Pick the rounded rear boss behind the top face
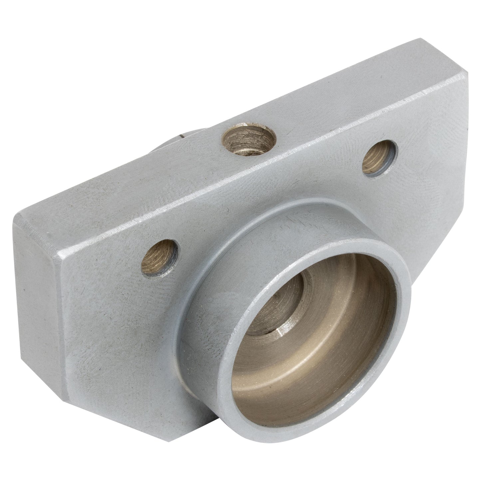(173, 143)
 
